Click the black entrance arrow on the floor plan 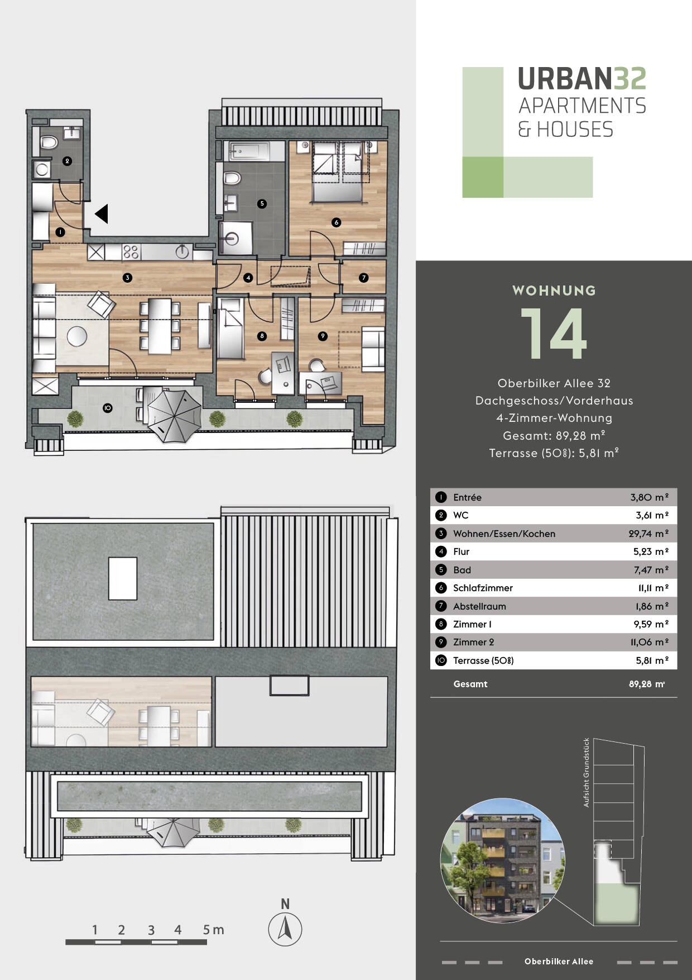(102, 214)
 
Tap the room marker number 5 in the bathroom (262, 203)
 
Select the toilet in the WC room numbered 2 (49, 142)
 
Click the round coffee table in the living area (77, 336)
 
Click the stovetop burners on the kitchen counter (131, 252)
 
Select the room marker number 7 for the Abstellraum (364, 278)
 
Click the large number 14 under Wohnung (554, 334)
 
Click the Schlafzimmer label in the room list (483, 588)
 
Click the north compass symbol (285, 929)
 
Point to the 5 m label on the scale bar (213, 930)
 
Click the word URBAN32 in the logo (582, 79)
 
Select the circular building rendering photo (502, 860)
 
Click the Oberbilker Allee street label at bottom (559, 962)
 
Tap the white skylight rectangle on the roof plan (123, 579)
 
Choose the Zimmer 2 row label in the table (473, 642)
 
